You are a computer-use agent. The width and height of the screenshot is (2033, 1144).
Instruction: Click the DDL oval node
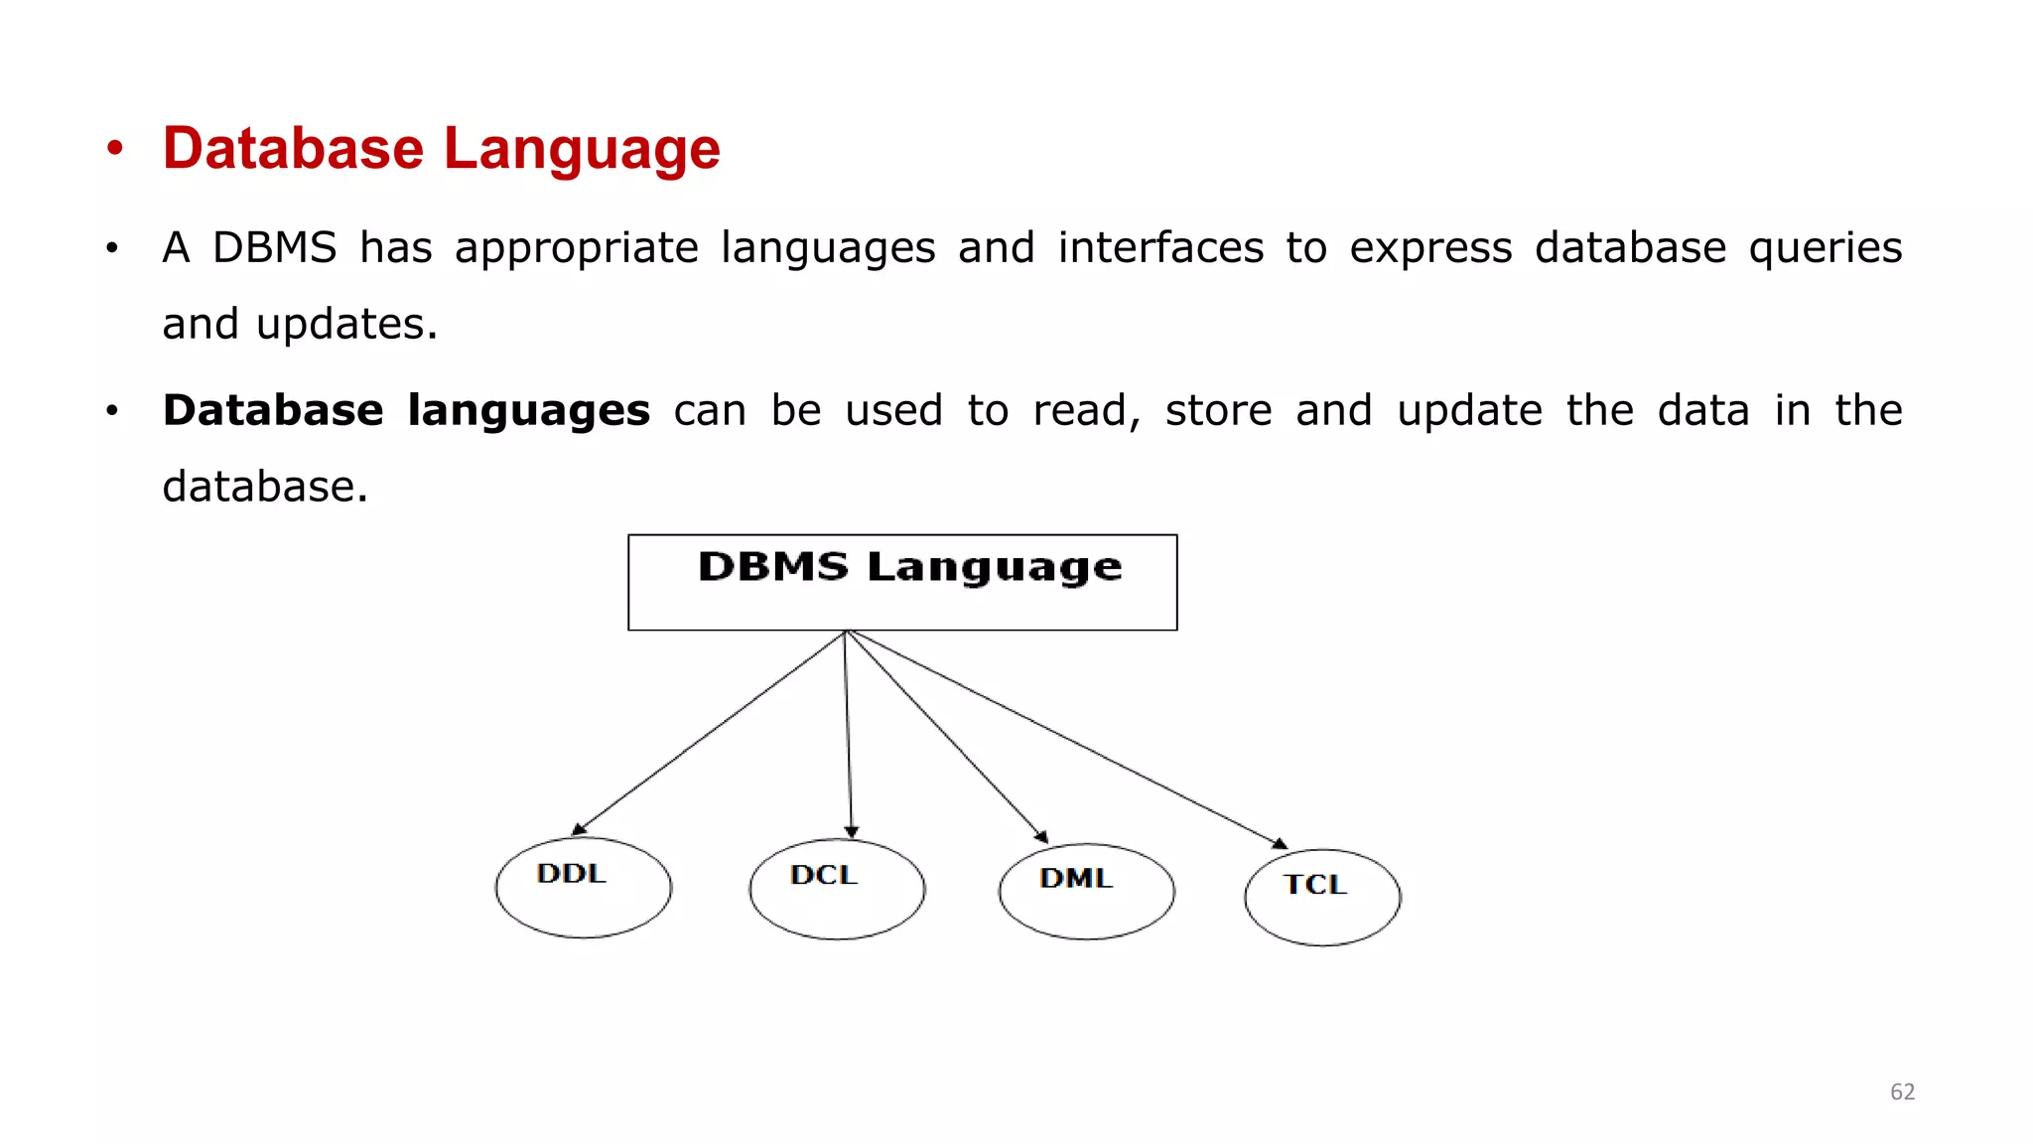click(x=584, y=887)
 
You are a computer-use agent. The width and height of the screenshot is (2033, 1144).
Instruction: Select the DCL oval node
click(x=837, y=889)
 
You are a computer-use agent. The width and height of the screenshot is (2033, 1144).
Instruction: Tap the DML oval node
click(x=1087, y=891)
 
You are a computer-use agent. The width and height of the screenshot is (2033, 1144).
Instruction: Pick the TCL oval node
click(x=1322, y=897)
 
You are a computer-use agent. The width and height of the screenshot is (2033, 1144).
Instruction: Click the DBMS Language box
click(x=902, y=582)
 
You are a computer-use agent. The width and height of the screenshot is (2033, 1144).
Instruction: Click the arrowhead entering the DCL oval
click(x=851, y=832)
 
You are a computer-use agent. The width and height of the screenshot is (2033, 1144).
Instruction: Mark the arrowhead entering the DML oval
click(x=1041, y=836)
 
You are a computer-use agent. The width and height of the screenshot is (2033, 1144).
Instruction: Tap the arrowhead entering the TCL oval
click(x=1280, y=844)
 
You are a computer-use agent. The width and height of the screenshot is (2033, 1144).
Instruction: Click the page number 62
click(x=1902, y=1092)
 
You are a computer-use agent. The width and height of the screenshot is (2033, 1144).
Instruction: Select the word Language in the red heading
click(x=582, y=149)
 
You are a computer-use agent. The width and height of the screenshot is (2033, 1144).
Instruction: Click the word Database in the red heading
click(x=293, y=149)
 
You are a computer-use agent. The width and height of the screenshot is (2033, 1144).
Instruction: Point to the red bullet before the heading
click(x=115, y=149)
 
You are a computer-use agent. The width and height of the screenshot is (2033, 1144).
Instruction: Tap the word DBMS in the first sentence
click(x=275, y=247)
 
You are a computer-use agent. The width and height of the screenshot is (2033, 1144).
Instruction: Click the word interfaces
click(x=1160, y=247)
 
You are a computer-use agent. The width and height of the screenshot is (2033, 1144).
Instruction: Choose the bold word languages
click(x=528, y=411)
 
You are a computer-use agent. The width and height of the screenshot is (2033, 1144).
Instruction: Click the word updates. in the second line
click(x=346, y=325)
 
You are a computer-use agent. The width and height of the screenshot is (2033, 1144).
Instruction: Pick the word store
click(x=1218, y=411)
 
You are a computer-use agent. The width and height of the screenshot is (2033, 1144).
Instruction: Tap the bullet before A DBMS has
click(x=112, y=247)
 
